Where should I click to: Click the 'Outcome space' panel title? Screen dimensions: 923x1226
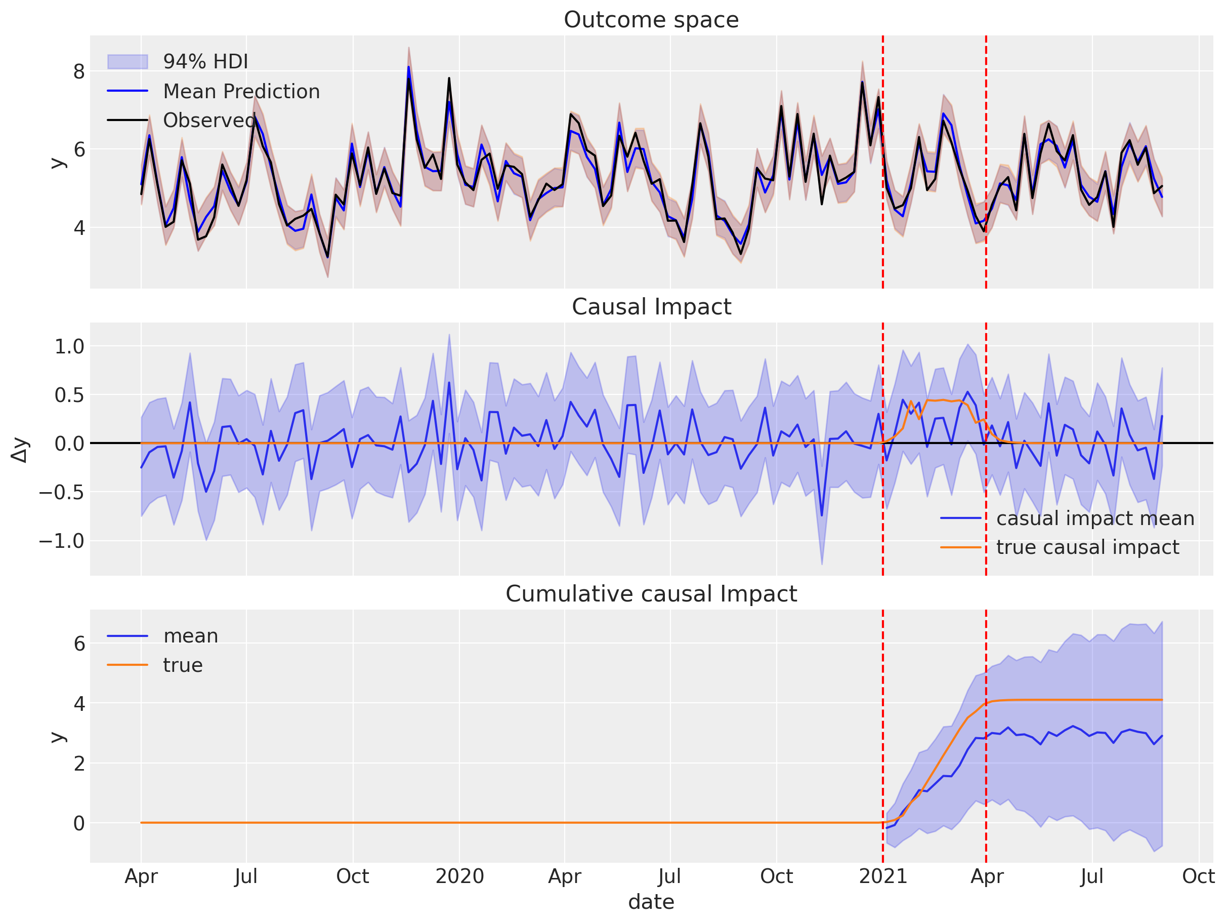pyautogui.click(x=651, y=20)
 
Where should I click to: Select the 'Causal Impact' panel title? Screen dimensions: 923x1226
pyautogui.click(x=651, y=307)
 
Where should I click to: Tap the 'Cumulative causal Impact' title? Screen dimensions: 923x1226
pyautogui.click(x=651, y=594)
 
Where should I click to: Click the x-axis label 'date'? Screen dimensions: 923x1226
pyautogui.click(x=651, y=902)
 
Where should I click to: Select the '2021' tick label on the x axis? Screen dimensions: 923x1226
pyautogui.click(x=882, y=876)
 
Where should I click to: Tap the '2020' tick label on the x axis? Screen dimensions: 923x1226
pyautogui.click(x=459, y=876)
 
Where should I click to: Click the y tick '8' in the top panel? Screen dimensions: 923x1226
pyautogui.click(x=79, y=71)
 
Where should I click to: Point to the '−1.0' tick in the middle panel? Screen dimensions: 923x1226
pyautogui.click(x=61, y=541)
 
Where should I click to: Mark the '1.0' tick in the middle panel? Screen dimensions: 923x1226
pyautogui.click(x=69, y=347)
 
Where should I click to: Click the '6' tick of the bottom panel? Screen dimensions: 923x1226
pyautogui.click(x=79, y=644)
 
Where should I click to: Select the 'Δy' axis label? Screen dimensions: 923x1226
pyautogui.click(x=19, y=449)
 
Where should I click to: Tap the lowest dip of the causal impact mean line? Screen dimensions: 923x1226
pyautogui.click(x=821, y=515)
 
